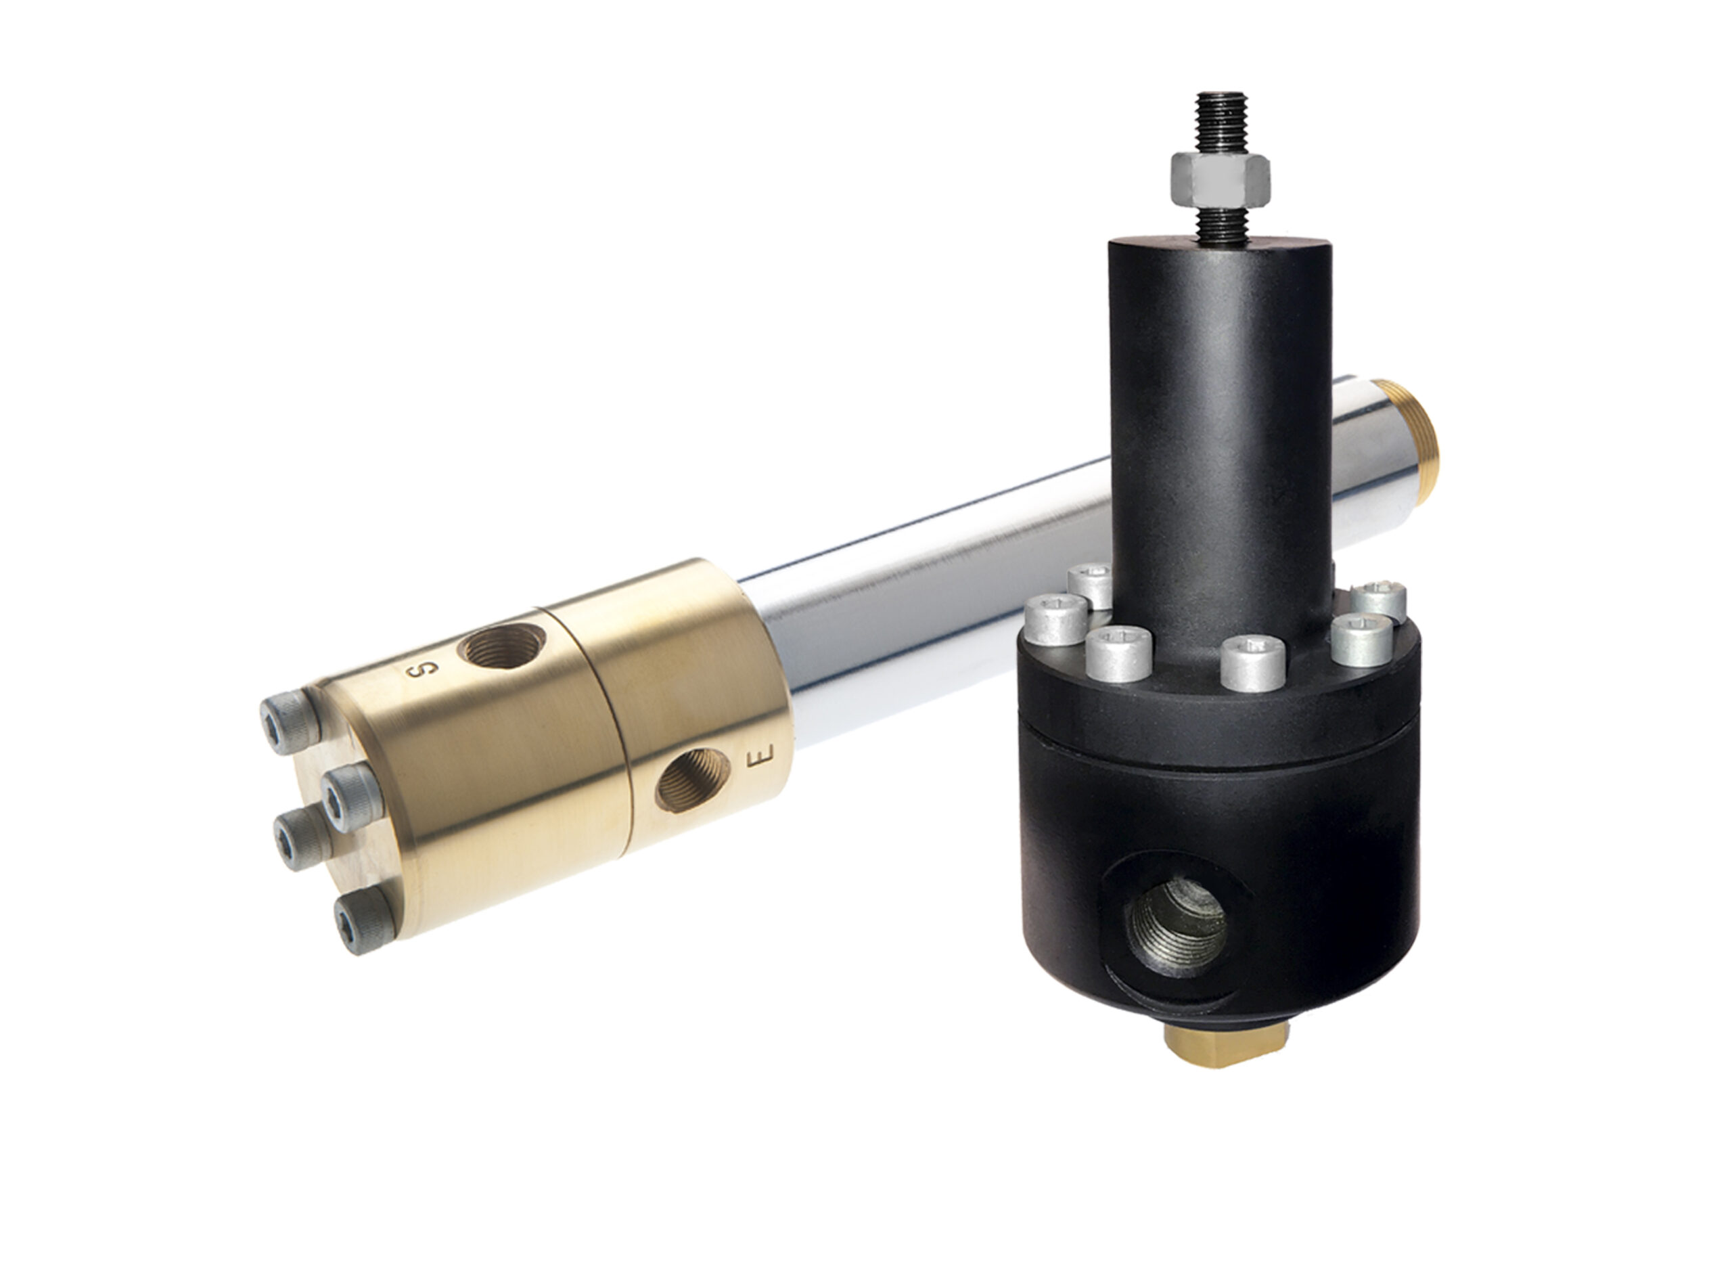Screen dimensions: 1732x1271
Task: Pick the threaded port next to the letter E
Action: tap(691, 780)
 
